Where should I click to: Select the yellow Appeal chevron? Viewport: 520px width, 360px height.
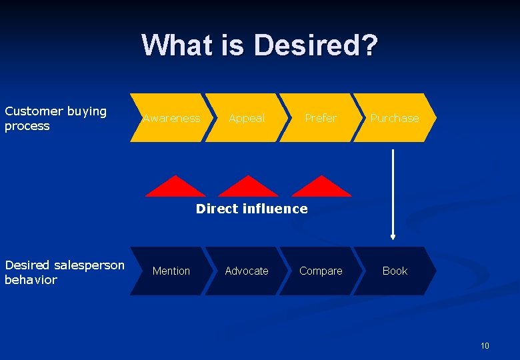click(247, 118)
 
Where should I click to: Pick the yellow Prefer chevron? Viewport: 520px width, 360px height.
click(321, 118)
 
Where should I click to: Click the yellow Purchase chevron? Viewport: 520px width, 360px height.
click(395, 118)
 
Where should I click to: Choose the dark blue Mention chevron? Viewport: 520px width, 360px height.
click(171, 271)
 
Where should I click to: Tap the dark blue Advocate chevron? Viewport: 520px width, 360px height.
click(247, 271)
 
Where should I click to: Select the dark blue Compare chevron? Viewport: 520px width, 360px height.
click(321, 271)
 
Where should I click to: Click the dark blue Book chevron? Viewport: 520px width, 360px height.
click(395, 271)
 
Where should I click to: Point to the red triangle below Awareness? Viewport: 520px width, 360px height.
click(176, 189)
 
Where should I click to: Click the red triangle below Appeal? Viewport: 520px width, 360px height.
click(248, 189)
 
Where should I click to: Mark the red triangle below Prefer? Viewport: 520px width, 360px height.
click(321, 189)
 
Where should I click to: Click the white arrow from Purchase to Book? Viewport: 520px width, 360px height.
click(393, 193)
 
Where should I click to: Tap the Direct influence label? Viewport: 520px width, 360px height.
click(251, 209)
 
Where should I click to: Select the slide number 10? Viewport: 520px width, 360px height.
click(485, 345)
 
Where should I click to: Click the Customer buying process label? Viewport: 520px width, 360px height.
click(55, 119)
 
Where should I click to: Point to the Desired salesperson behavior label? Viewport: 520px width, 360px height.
click(64, 272)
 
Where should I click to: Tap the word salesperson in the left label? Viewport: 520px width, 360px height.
click(89, 265)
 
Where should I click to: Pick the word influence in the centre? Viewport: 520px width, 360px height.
click(275, 209)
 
